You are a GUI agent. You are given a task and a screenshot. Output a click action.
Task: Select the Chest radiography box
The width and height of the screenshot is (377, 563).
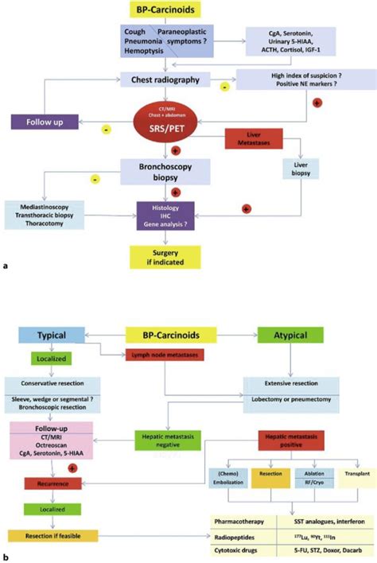[165, 80]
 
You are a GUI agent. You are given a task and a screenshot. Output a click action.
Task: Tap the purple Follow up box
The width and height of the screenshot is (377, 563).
[45, 122]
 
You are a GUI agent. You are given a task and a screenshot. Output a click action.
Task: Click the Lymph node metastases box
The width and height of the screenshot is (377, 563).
[169, 354]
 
